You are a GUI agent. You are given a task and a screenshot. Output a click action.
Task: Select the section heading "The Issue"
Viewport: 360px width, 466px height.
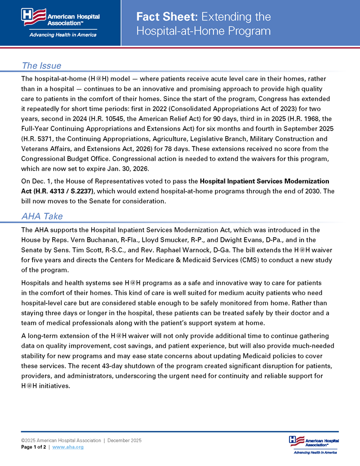click(x=41, y=66)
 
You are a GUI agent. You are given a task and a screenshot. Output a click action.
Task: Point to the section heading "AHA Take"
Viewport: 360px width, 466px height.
click(x=42, y=216)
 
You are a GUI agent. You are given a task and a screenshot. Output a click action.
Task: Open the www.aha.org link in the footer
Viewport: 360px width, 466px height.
click(x=68, y=447)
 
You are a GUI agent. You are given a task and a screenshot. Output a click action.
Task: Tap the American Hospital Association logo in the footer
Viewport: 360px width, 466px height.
click(x=313, y=444)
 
